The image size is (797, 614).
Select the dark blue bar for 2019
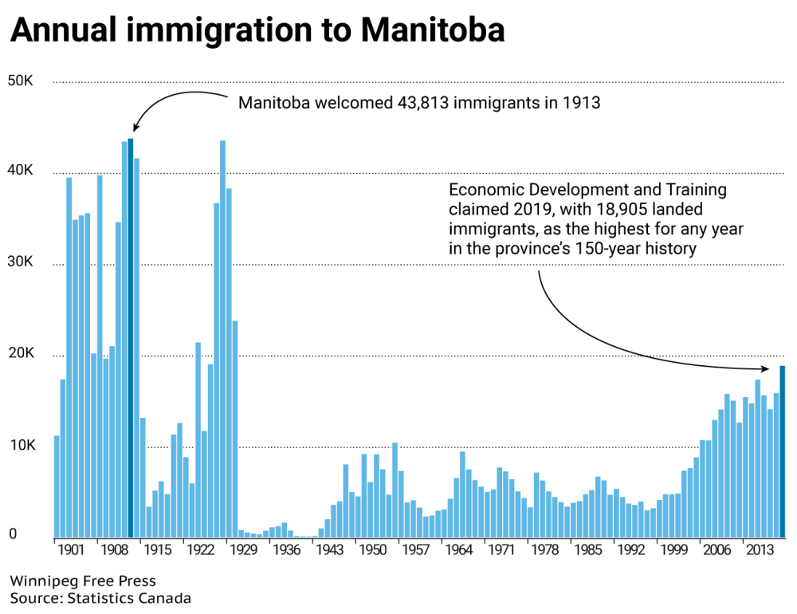[x=783, y=451]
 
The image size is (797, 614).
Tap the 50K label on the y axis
[x=19, y=81]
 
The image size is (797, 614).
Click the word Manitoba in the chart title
[x=432, y=30]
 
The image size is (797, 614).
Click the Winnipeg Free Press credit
[x=83, y=581]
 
